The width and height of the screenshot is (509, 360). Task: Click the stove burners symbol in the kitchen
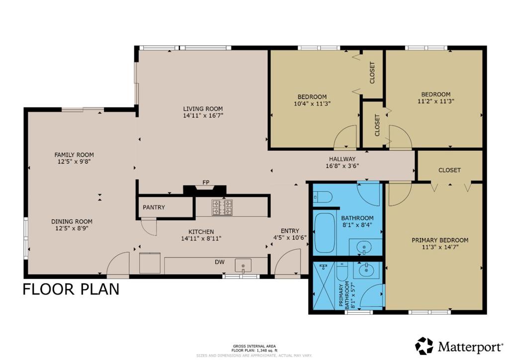[x=222, y=207]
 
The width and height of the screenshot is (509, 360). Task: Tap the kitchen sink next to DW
[x=243, y=265]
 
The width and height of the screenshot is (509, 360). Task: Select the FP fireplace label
[x=206, y=182]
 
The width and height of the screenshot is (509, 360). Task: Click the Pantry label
[x=154, y=207]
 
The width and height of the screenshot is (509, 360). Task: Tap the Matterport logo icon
[x=424, y=346]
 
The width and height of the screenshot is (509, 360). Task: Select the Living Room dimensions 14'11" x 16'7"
[x=203, y=115]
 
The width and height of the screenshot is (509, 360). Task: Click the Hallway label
[x=342, y=159]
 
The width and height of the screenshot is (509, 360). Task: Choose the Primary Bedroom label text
[x=440, y=240]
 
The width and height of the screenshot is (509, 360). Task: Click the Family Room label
[x=74, y=155]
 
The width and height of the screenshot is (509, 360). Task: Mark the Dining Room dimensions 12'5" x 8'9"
[x=72, y=228]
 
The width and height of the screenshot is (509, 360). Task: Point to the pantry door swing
[x=149, y=227]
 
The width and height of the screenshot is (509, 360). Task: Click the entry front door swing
[x=288, y=263]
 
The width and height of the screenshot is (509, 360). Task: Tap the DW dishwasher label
[x=220, y=262]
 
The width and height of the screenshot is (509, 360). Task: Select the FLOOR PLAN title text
[x=71, y=289]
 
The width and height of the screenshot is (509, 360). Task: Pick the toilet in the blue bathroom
[x=323, y=197]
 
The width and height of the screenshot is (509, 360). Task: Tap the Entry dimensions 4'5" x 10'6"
[x=290, y=237]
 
